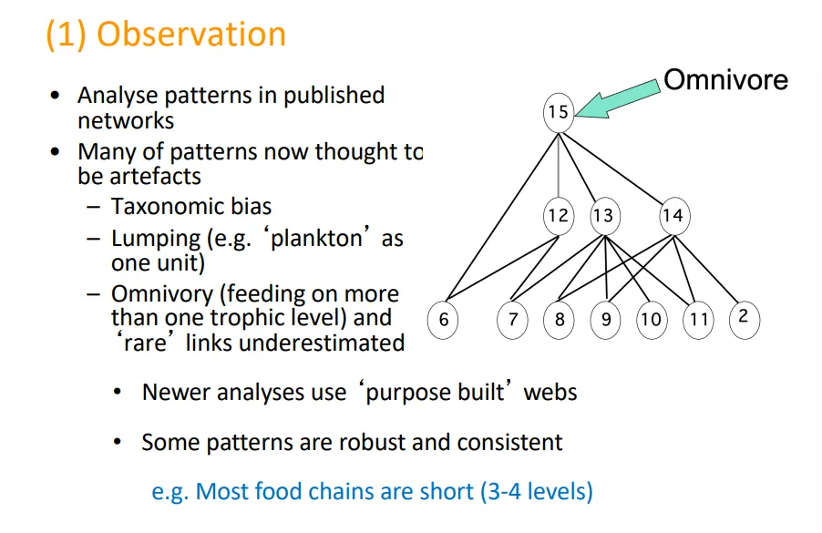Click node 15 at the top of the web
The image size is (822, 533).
[558, 112]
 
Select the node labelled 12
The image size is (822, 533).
[558, 216]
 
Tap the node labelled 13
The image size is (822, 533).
[602, 216]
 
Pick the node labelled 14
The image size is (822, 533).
[673, 216]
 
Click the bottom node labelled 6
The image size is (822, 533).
[444, 320]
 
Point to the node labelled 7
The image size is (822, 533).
[513, 320]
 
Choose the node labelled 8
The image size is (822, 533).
[559, 320]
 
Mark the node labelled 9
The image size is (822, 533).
[605, 320]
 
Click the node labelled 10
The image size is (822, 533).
[651, 320]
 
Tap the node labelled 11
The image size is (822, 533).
[698, 320]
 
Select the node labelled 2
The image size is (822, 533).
[744, 318]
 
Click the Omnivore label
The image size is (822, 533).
[725, 79]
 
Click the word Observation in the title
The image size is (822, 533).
[191, 34]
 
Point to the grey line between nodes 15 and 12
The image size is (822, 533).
[558, 164]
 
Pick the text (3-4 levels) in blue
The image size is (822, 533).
[536, 492]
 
